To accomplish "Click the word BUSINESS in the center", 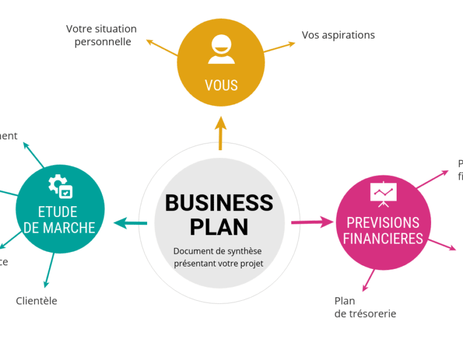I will coord(219,203).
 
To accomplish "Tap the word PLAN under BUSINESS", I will coord(219,227).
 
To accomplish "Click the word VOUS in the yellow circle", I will coord(221,85).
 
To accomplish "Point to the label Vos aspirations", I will coord(338,35).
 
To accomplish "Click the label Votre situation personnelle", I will coord(102,36).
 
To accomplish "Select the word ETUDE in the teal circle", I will coord(58,212).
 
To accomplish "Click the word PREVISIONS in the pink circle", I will coord(383,223).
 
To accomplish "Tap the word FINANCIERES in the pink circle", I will coord(383,239).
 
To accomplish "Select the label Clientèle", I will coord(37,301).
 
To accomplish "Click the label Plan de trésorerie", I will coord(365,307).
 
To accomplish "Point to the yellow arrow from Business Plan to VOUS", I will coord(221,133).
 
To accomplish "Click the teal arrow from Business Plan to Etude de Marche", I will coord(131,223).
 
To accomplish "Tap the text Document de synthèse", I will coord(218,251).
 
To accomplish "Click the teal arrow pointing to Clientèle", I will coord(49,270).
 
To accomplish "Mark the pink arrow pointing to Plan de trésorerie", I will coord(368,280).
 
